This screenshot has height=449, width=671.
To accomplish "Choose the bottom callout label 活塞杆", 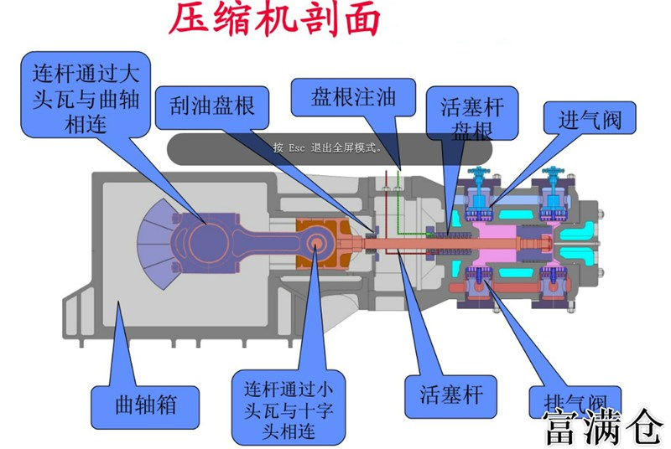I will click(x=450, y=392).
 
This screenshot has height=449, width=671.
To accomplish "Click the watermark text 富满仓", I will click(x=602, y=427).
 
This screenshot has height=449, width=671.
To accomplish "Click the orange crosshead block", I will click(x=320, y=243).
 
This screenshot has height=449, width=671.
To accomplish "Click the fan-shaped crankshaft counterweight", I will click(x=155, y=236).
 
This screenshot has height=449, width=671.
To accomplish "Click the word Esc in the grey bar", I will click(x=299, y=147).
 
